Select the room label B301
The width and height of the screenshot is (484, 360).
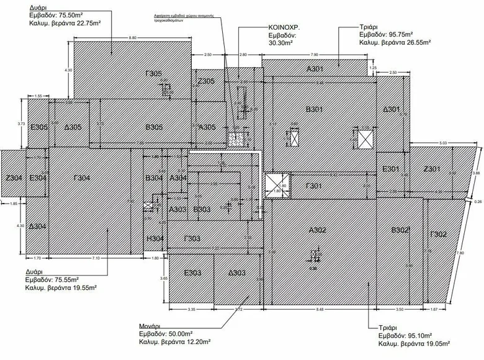click(314, 110)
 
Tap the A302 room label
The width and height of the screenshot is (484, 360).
click(318, 230)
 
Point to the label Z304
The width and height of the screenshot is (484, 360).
click(14, 179)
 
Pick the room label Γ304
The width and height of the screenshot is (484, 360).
click(82, 179)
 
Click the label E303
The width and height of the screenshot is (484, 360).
click(191, 272)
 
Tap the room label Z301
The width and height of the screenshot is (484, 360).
click(431, 169)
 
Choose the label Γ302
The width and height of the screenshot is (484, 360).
click(438, 234)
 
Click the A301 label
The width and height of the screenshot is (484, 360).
click(316, 69)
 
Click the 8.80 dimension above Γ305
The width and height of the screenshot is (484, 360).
click(133, 38)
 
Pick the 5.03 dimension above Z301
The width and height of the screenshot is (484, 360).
click(442, 143)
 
